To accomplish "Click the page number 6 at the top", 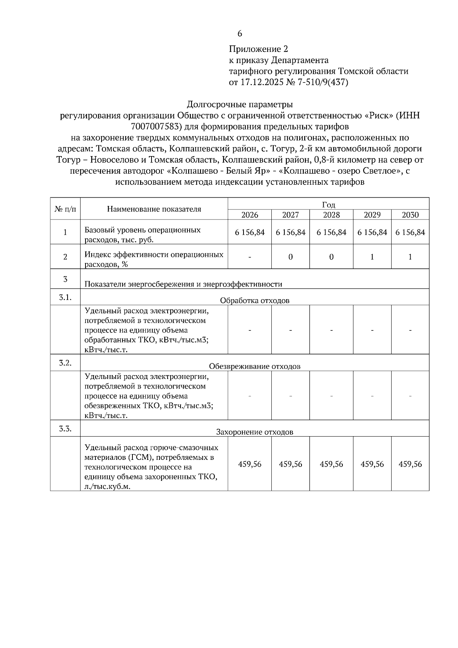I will tap(240, 34).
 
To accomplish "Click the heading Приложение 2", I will tap(258, 49).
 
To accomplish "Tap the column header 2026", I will tap(250, 215).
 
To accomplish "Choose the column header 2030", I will tap(410, 215).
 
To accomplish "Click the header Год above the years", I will tap(329, 205).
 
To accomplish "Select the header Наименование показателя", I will tap(154, 209).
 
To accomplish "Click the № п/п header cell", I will tap(65, 209).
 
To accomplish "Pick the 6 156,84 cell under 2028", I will tap(331, 232).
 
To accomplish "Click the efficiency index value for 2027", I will tap(290, 257).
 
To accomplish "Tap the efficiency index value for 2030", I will tap(410, 257).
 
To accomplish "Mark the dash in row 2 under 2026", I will tap(250, 257).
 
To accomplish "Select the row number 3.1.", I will tap(65, 297).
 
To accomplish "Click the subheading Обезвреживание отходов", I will tap(255, 366).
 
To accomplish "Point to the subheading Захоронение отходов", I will tap(255, 432).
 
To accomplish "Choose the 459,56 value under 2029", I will tap(372, 464).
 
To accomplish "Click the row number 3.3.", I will tap(65, 429).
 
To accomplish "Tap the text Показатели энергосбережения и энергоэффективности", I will tap(183, 284).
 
